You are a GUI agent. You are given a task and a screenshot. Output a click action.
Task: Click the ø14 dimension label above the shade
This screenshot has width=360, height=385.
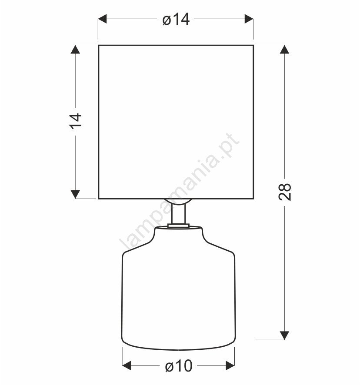(x=176, y=19)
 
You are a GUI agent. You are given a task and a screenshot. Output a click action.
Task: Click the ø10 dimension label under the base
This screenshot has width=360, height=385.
(x=179, y=366)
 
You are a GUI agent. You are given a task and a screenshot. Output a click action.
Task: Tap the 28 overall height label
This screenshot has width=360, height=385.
(x=285, y=192)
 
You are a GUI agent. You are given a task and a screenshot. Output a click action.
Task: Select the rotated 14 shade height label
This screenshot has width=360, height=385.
(x=76, y=121)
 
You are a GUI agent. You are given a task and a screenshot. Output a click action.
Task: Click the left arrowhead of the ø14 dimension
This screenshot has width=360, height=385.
(x=102, y=19)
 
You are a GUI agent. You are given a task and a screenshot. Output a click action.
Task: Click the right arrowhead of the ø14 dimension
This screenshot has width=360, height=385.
(x=249, y=19)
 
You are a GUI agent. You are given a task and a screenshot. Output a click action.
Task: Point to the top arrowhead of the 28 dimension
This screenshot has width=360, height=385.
(x=284, y=50)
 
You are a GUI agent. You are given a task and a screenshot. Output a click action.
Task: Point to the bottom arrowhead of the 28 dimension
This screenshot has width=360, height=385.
(x=284, y=335)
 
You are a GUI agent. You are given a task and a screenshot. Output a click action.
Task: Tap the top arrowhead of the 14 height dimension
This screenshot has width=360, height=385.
(x=75, y=50)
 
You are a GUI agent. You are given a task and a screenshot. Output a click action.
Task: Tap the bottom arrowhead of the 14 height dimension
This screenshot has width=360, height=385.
(x=75, y=194)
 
